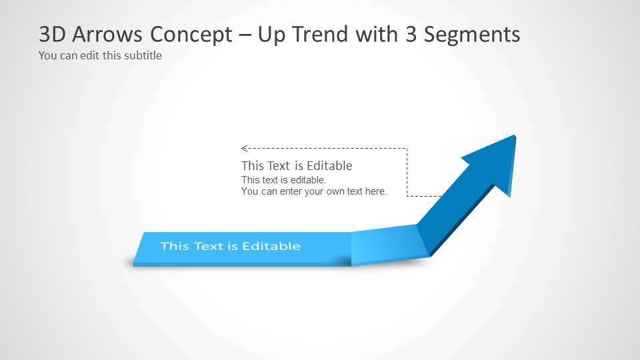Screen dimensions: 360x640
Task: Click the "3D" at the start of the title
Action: pos(51,34)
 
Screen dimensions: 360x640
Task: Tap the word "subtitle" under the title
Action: pos(141,55)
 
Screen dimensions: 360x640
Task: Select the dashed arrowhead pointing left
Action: pos(244,148)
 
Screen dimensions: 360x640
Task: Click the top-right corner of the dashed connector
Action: pos(407,148)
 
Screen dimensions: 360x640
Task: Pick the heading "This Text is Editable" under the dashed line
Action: pos(297,165)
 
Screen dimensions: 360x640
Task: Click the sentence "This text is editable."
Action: pos(283,180)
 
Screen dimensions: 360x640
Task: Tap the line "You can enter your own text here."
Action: pos(314,191)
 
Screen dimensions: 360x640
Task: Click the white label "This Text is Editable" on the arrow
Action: pos(230,246)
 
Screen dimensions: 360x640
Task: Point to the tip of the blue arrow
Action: pos(514,137)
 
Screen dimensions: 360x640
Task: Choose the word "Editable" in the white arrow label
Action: pos(271,246)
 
